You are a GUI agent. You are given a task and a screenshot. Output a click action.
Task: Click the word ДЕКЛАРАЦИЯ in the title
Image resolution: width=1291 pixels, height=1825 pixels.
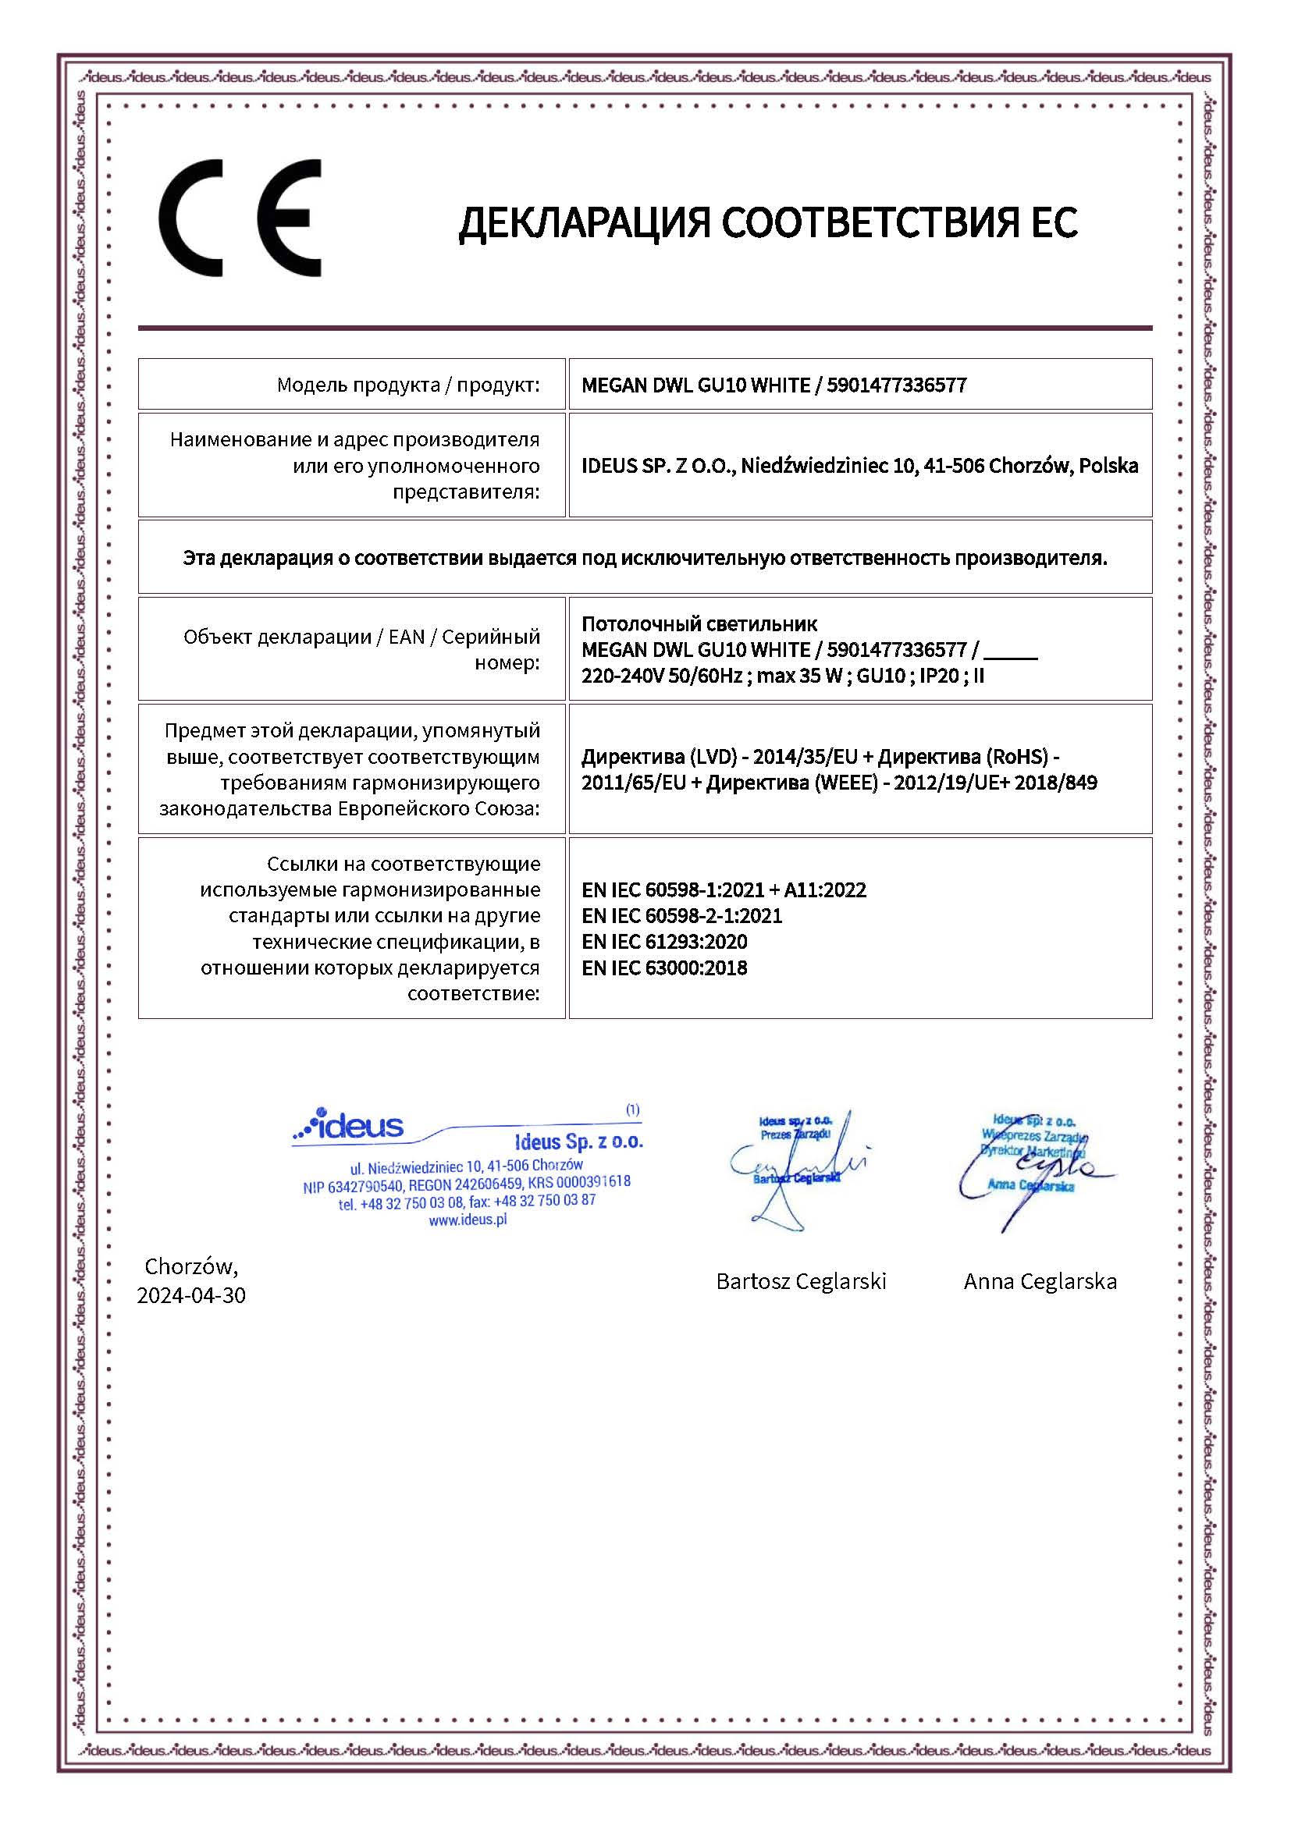pos(585,222)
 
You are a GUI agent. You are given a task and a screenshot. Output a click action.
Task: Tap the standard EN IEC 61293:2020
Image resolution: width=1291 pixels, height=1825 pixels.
pos(663,942)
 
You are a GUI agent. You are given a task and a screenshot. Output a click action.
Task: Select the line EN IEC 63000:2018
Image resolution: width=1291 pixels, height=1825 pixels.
pos(663,968)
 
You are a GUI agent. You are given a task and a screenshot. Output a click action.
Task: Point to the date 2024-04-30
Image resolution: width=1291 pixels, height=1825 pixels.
pos(190,1295)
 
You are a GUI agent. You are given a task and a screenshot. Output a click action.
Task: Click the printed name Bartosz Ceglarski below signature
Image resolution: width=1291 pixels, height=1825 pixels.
pos(801,1281)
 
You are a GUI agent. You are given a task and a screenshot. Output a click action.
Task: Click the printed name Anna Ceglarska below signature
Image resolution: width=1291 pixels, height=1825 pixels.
pos(1040,1281)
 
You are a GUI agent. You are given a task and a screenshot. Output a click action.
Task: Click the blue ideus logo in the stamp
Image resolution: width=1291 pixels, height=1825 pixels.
pos(350,1126)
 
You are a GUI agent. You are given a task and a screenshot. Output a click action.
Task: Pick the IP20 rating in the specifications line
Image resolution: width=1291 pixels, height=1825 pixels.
pos(939,676)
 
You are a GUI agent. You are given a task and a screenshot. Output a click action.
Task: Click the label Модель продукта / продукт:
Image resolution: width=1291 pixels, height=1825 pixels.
pos(407,385)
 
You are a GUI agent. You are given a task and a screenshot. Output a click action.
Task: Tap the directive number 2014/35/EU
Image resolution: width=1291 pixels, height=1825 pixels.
pos(805,757)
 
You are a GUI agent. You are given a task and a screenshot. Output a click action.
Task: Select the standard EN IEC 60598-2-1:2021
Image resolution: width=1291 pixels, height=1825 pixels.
pos(681,916)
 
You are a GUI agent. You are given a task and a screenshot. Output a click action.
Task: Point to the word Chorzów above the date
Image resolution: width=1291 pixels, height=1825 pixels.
pos(190,1266)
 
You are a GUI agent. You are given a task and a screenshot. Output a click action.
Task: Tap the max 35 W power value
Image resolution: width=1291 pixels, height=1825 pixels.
pos(801,676)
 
